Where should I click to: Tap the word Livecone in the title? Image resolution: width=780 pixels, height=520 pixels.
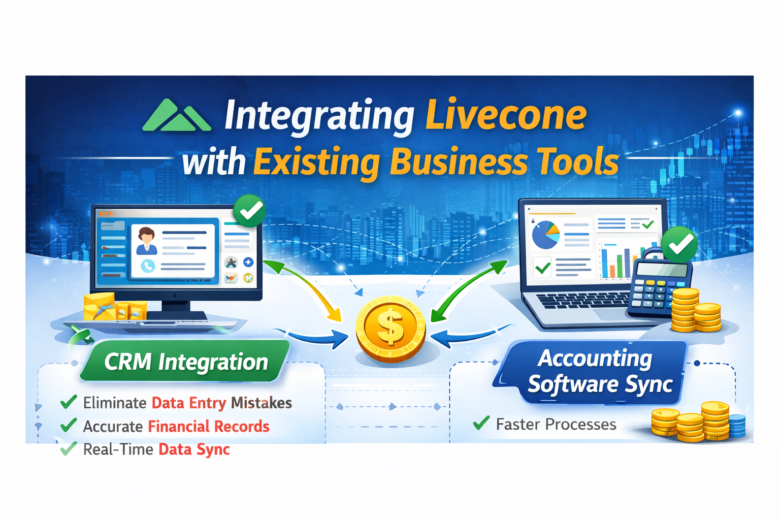505,116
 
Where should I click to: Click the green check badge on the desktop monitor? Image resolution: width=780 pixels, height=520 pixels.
250,210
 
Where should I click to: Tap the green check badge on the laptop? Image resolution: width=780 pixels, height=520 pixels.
679,244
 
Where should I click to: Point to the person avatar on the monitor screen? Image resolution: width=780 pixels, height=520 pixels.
147,240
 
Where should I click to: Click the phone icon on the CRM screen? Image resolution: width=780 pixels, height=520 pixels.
148,266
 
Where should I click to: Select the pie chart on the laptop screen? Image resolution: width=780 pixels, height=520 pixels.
545,235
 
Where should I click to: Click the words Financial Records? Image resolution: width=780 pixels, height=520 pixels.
208,426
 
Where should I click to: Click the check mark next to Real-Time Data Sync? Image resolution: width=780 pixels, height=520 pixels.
69,448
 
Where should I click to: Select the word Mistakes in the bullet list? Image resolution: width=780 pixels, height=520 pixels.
261,403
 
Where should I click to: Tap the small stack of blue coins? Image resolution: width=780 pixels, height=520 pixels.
737,425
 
